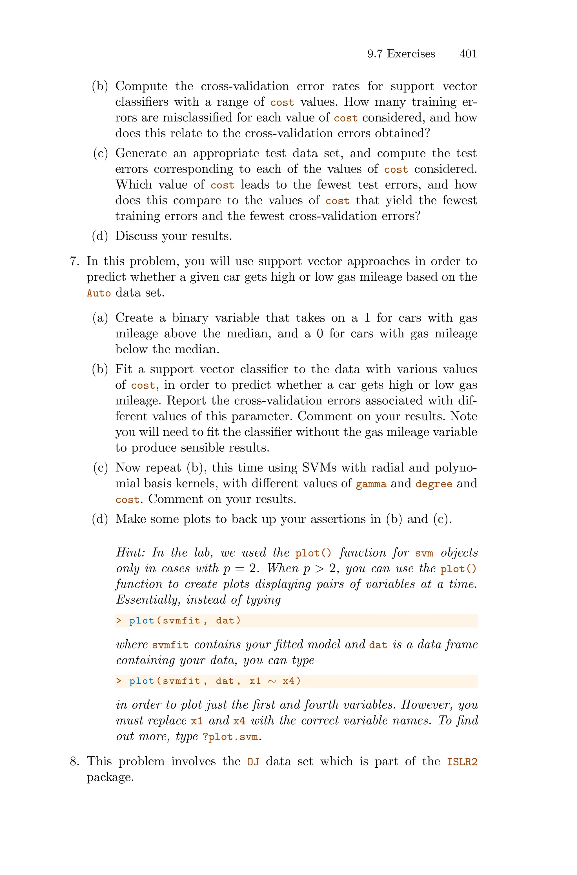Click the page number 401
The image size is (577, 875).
(468, 54)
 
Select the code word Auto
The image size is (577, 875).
(99, 293)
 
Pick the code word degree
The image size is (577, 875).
(434, 484)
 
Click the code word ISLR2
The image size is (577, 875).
(462, 762)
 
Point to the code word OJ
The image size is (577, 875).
(253, 762)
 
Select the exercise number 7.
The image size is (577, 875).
(74, 261)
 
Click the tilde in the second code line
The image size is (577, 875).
(272, 681)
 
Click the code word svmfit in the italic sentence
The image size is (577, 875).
(170, 645)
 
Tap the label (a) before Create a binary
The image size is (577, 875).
(100, 318)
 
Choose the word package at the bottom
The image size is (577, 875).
(109, 777)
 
